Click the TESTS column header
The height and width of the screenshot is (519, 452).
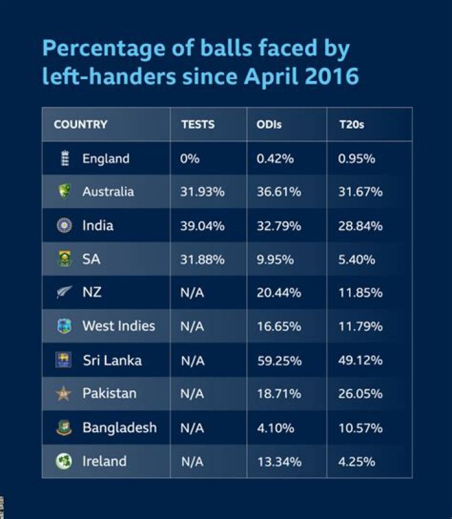[x=198, y=124]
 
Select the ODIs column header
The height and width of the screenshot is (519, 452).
[x=269, y=124]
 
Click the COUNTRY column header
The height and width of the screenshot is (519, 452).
[x=80, y=124]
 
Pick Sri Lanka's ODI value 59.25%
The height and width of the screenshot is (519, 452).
[x=279, y=361]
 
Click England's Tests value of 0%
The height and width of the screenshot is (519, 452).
[x=190, y=158]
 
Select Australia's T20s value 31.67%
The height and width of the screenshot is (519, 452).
[x=360, y=192]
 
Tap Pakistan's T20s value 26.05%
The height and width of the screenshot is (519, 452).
[x=360, y=394]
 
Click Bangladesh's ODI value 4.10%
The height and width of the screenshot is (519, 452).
[x=275, y=428]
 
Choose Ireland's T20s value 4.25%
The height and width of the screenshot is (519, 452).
[x=357, y=462]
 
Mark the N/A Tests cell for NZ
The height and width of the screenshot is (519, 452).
[x=193, y=293]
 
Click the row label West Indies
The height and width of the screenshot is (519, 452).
[x=118, y=326]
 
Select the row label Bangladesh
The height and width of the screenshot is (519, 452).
[x=119, y=428]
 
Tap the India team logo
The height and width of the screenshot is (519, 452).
[x=64, y=226]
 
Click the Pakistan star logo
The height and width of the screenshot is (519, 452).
[x=64, y=394]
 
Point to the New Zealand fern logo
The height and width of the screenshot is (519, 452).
[x=64, y=293]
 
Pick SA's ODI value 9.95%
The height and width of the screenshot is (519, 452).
[x=275, y=259]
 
